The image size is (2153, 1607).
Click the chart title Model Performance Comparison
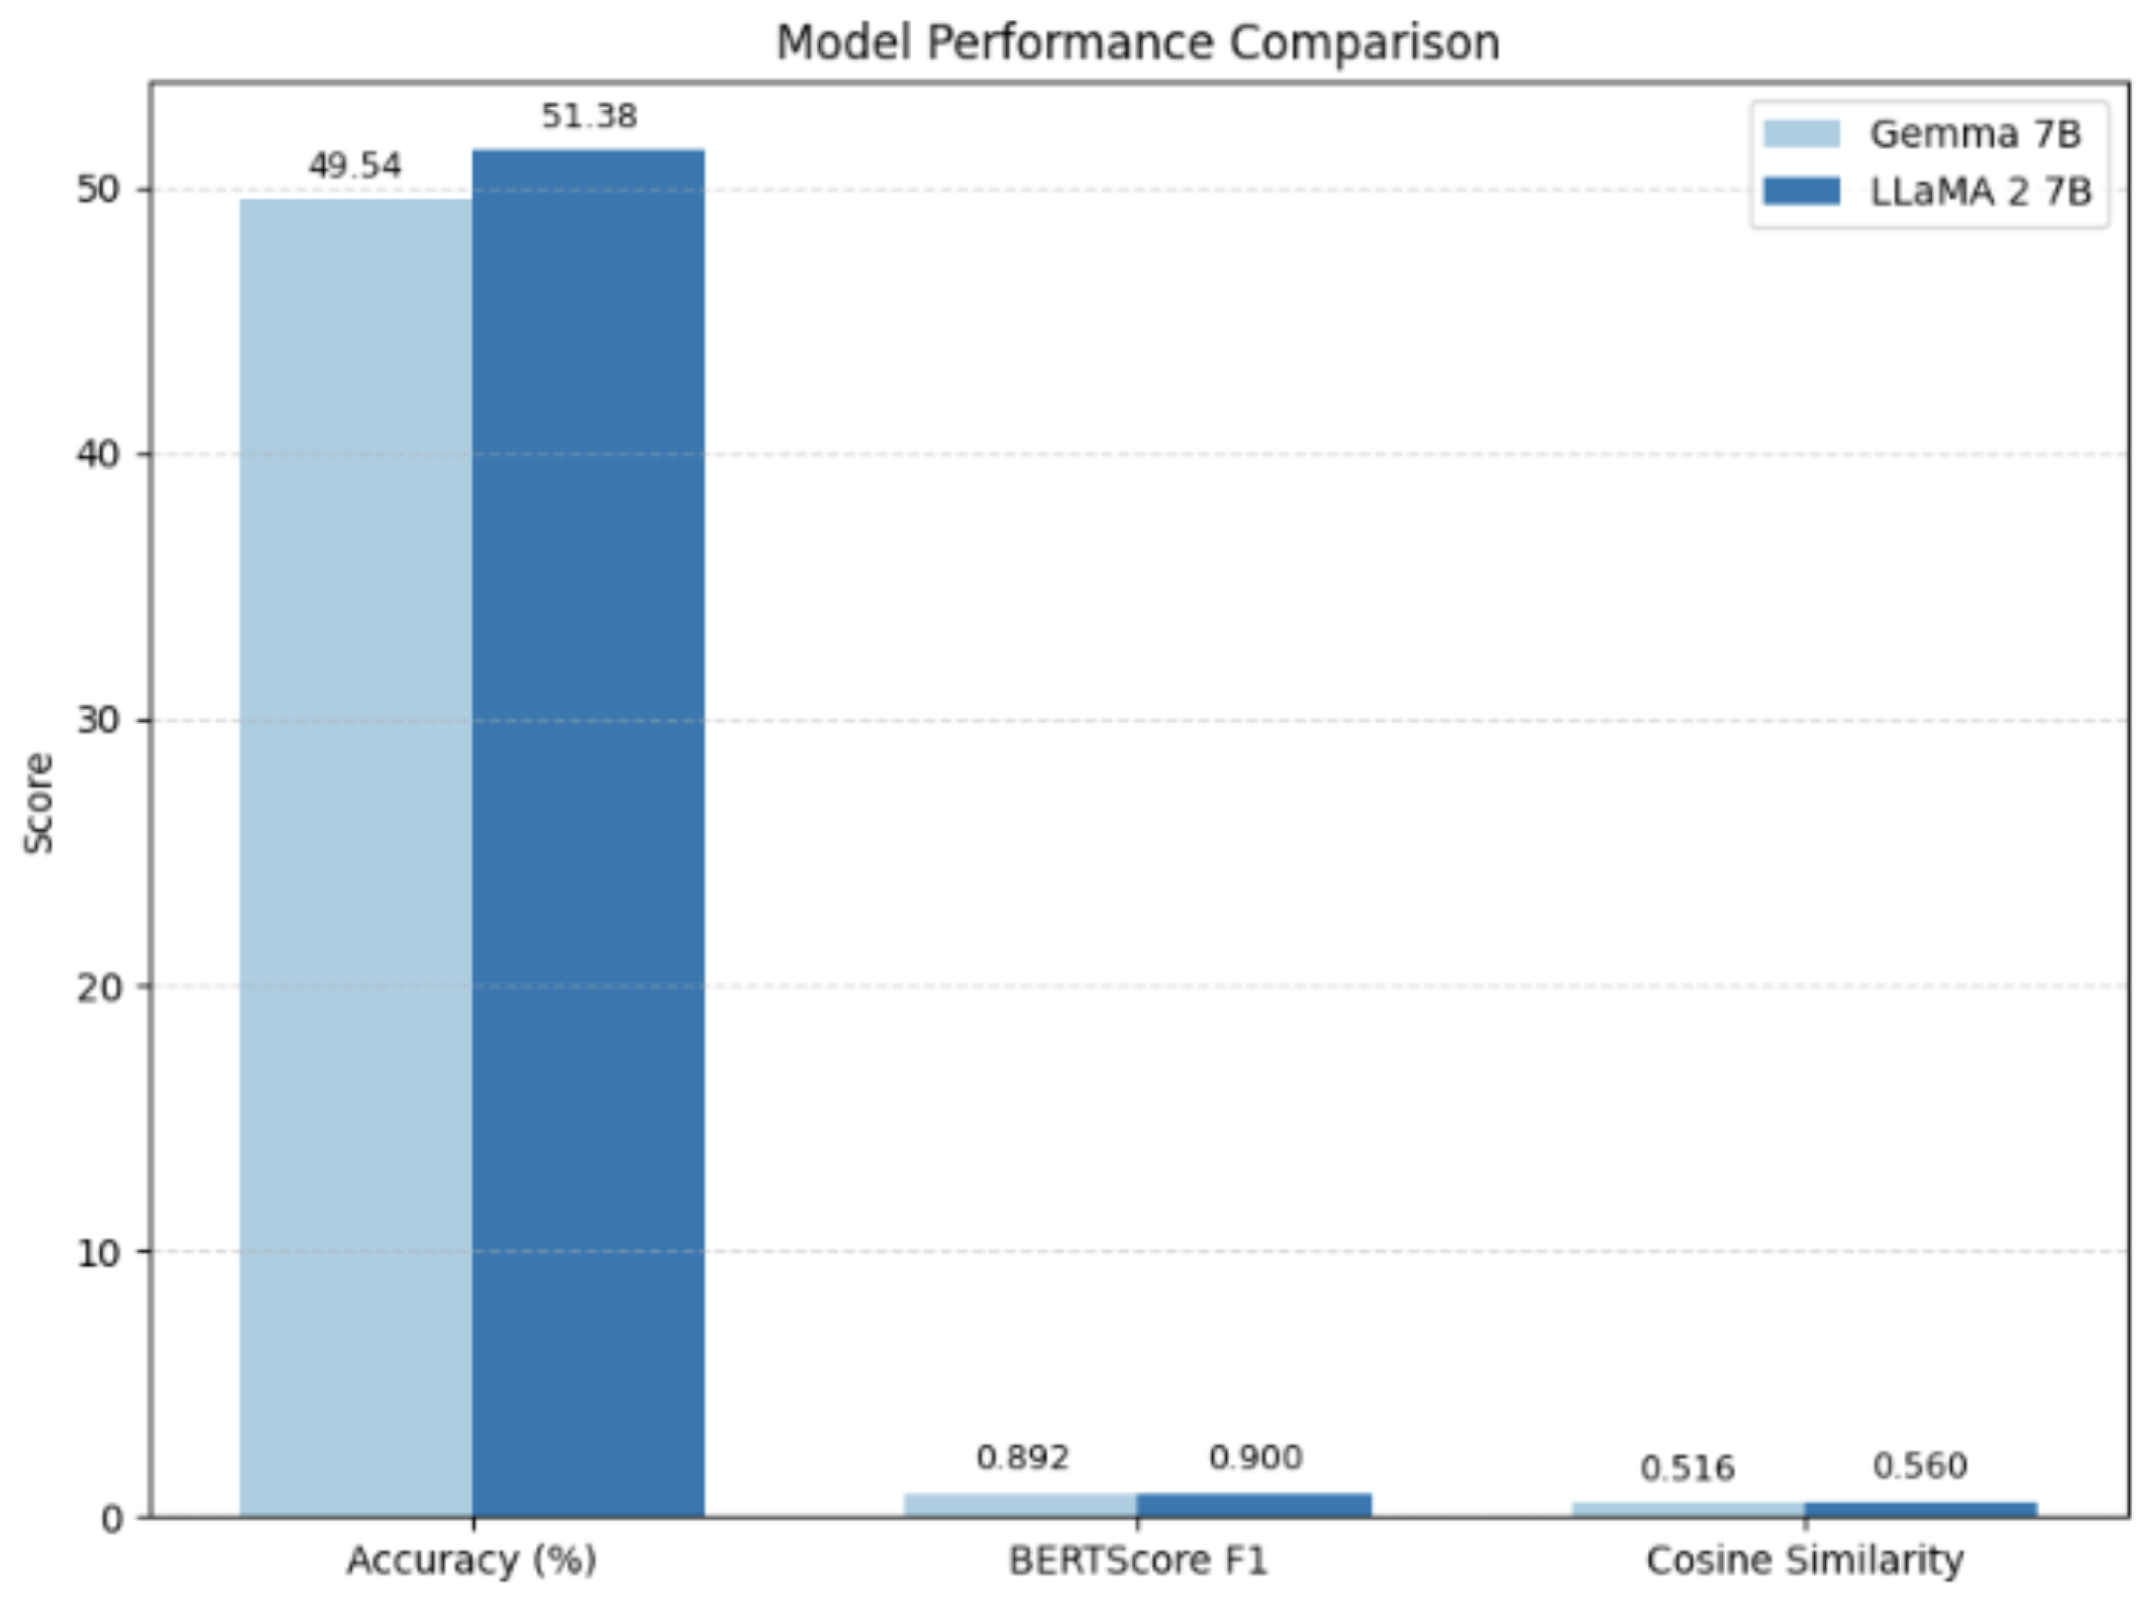(1138, 43)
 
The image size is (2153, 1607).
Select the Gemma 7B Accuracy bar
(356, 858)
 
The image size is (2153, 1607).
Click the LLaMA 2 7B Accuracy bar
(588, 834)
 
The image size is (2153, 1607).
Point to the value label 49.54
(355, 165)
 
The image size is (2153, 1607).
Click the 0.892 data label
(1022, 1457)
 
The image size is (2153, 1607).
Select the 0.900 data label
(1255, 1457)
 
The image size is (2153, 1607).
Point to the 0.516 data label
(1687, 1468)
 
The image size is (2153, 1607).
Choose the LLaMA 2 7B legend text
(1981, 192)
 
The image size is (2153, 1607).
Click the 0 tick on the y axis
(112, 1519)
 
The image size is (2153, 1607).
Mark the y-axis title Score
(39, 803)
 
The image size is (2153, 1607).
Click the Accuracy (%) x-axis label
(471, 1561)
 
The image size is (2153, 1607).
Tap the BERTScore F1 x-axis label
(1138, 1561)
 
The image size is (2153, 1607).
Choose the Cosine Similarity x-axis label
(1805, 1561)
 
